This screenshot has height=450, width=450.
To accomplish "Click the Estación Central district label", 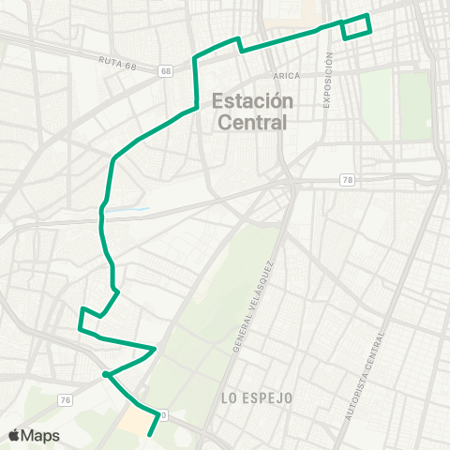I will click(253, 111).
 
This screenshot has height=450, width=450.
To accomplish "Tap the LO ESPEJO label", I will click(257, 398).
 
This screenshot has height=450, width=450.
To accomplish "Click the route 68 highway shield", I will click(166, 71).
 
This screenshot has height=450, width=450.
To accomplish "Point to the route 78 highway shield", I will click(348, 180).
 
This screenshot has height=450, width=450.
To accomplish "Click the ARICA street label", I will click(287, 76).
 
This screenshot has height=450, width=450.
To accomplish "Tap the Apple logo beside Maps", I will click(14, 435).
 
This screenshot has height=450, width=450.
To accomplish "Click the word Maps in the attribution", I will click(41, 435).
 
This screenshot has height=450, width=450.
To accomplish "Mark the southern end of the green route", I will click(150, 436).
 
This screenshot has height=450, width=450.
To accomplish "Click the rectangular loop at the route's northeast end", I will click(356, 27).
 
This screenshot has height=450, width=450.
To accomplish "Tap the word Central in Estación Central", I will click(253, 121).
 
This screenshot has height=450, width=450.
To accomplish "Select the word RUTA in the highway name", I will click(107, 60).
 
